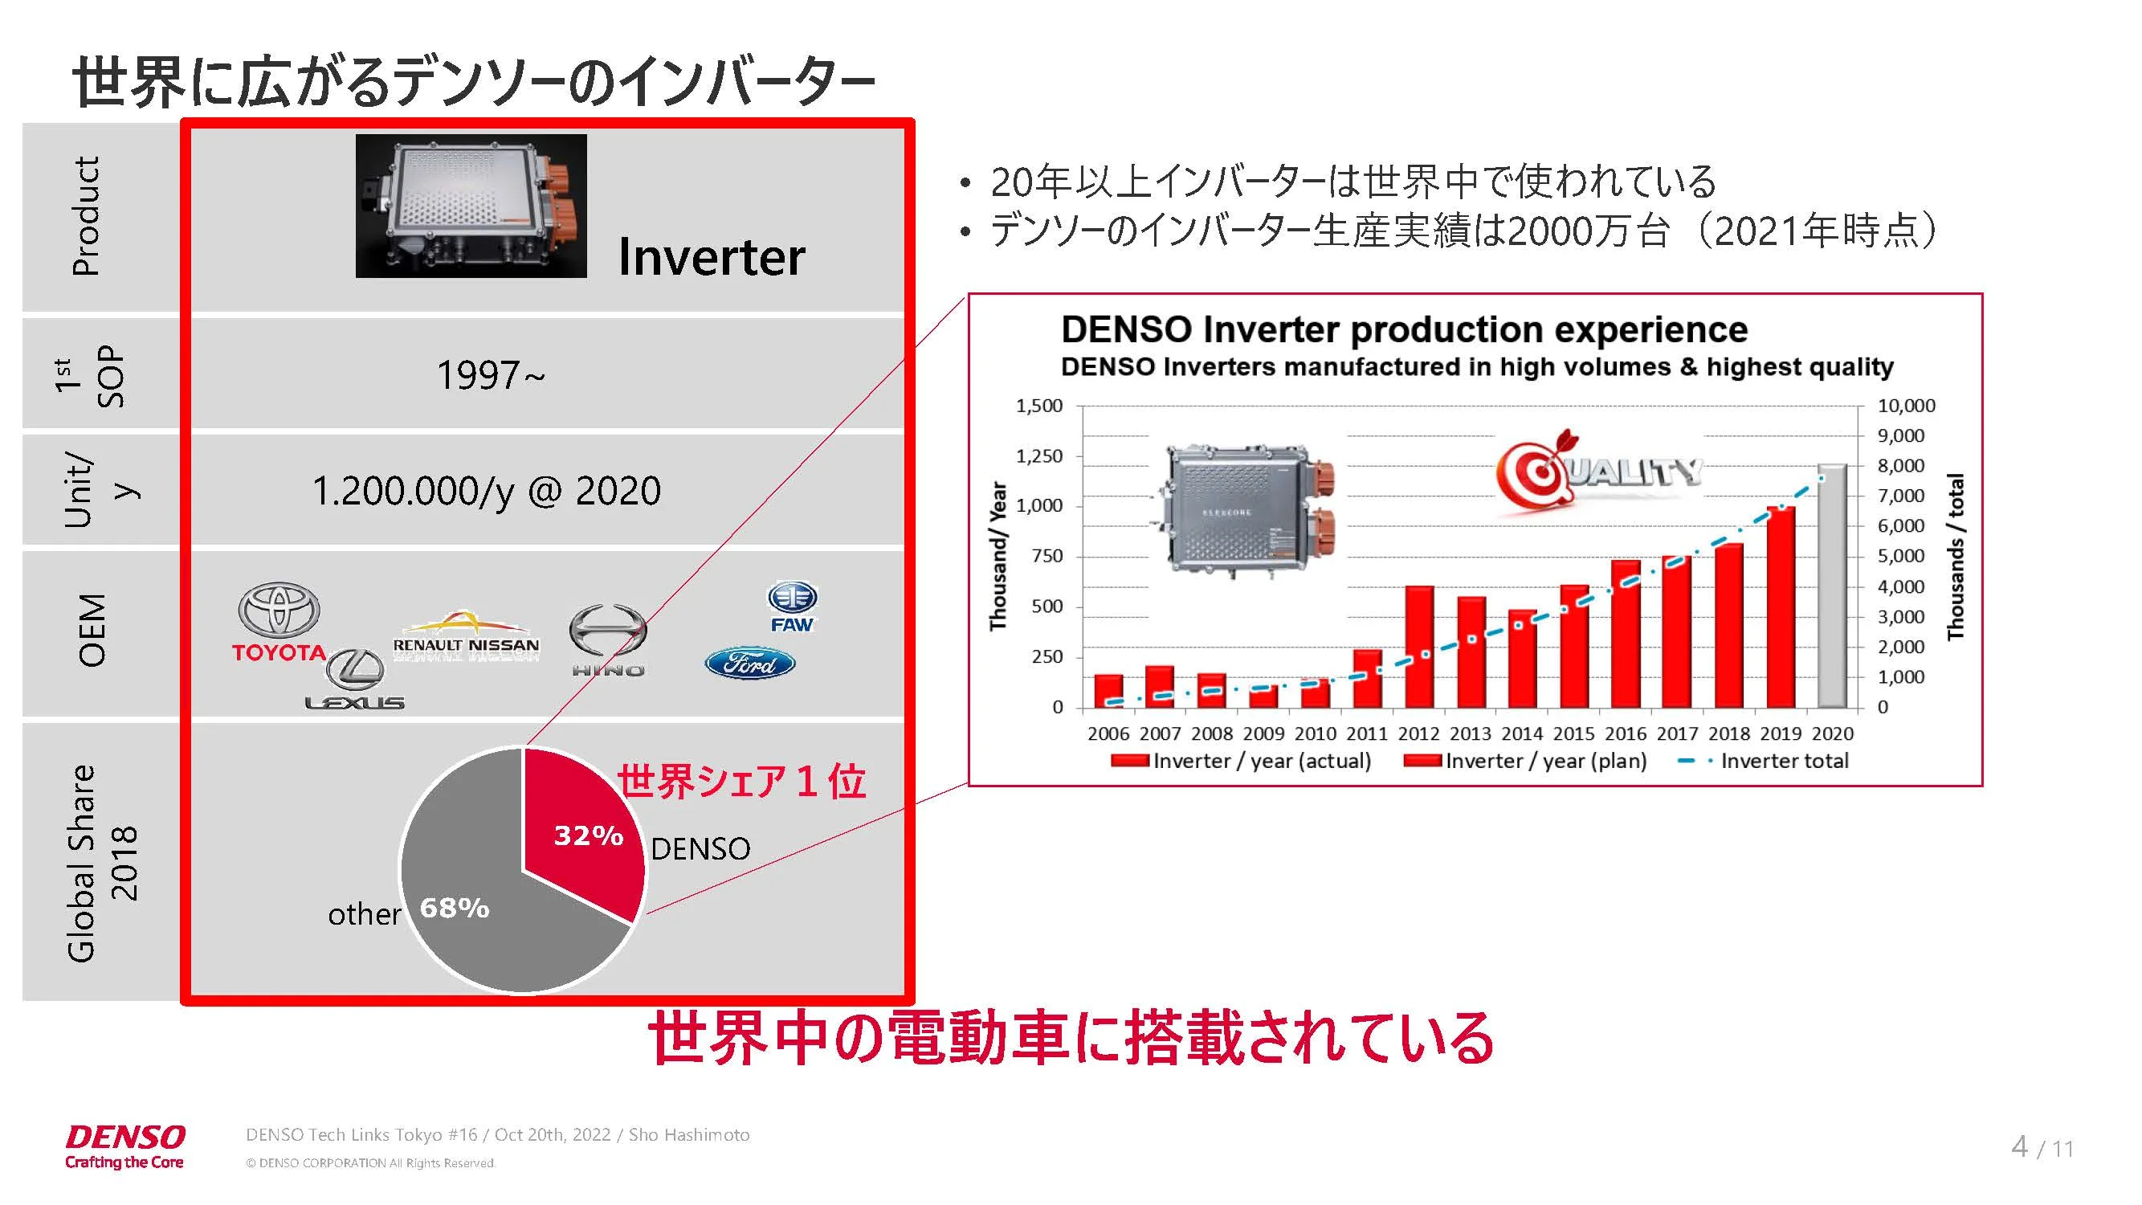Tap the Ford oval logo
pos(750,663)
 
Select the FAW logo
pos(792,607)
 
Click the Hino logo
pos(608,640)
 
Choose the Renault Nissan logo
pos(466,637)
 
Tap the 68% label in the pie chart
pos(455,907)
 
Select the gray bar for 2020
pos(1832,586)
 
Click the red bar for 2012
pos(1419,646)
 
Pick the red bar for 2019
pos(1781,607)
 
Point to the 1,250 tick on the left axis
pos(1039,455)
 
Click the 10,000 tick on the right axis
pos(1907,406)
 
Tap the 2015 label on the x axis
pos(1574,733)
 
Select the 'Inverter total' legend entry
pos(1764,761)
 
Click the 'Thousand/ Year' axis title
pos(998,556)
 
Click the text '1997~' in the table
pos(491,375)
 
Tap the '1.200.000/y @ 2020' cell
pos(487,491)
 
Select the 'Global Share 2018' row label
pos(101,864)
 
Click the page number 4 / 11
pos(2042,1148)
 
